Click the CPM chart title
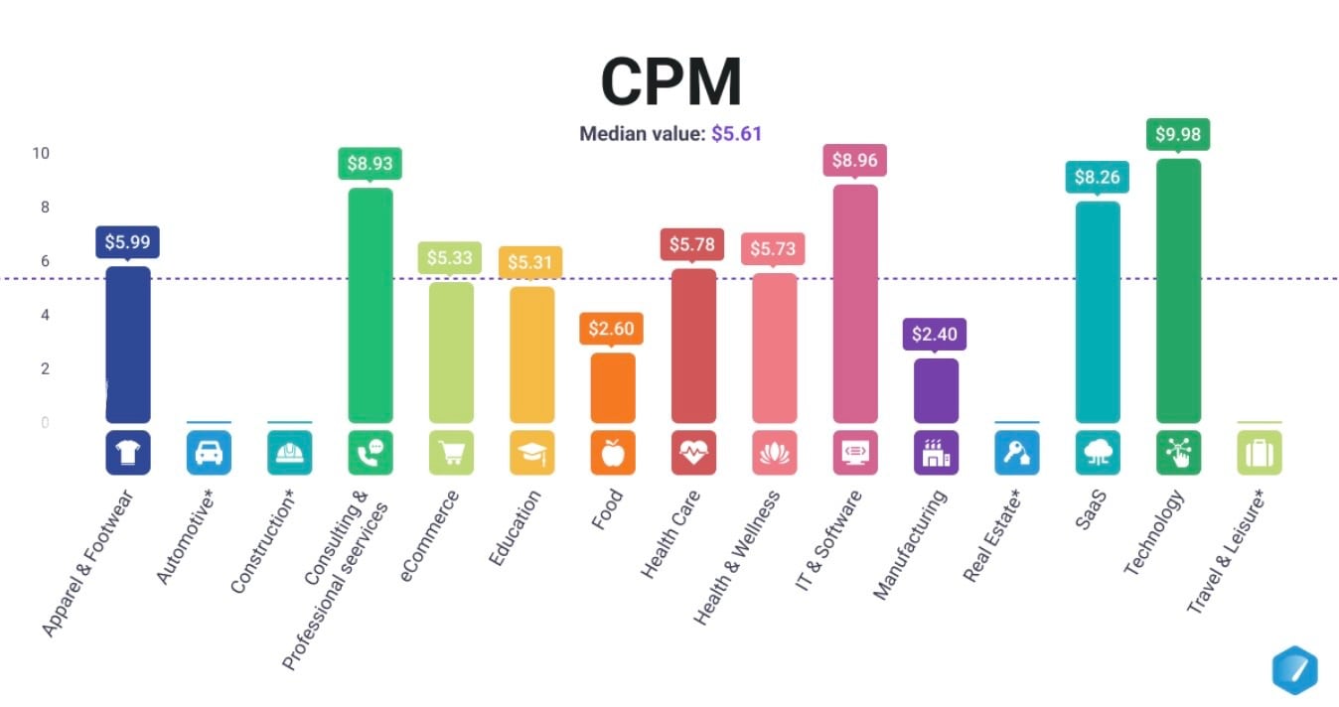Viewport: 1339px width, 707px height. point(670,81)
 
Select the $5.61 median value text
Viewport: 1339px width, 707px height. point(736,134)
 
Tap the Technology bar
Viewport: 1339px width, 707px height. point(1178,290)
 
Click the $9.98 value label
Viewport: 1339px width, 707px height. point(1178,134)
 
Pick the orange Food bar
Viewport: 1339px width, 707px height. point(613,387)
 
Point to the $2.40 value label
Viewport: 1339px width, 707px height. point(936,334)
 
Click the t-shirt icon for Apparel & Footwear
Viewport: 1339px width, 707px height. point(128,453)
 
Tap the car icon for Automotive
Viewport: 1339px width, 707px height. point(209,453)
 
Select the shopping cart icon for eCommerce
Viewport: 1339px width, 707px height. point(451,453)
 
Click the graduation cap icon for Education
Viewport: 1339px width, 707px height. point(532,453)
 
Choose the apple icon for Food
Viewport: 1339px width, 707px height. point(613,453)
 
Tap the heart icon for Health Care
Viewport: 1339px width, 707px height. point(693,453)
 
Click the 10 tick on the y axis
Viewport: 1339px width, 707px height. point(41,154)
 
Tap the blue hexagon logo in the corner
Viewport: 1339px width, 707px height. point(1294,669)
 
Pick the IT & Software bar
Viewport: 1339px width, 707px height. point(855,303)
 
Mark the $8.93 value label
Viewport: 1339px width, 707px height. point(371,163)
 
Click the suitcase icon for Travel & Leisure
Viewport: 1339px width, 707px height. point(1259,453)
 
